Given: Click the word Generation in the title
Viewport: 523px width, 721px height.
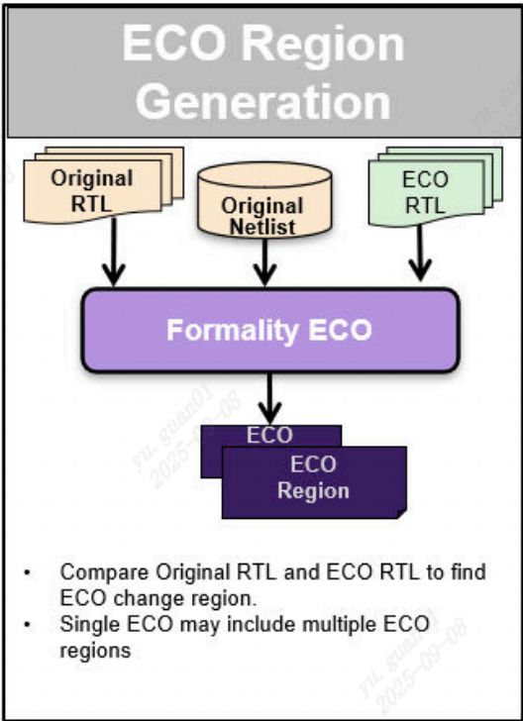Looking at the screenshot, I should [262, 102].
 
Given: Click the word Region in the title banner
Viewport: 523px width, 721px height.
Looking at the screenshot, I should [324, 46].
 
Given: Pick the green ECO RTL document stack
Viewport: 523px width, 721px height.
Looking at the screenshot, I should [425, 191].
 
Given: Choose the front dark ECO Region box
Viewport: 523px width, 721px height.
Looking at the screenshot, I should [314, 479].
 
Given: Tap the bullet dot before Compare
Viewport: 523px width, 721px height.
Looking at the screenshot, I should [28, 572].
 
